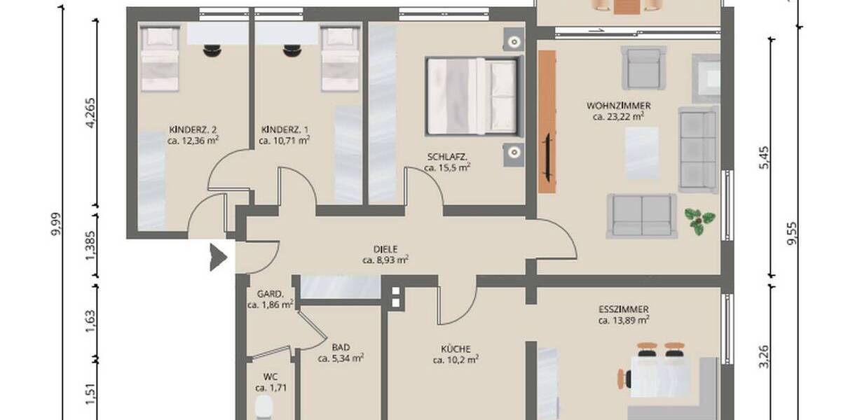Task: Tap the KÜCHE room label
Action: click(456, 348)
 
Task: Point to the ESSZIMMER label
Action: click(623, 309)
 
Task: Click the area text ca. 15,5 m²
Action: click(448, 167)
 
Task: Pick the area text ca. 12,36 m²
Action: click(193, 140)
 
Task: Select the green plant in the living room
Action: click(699, 221)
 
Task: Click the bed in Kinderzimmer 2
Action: click(160, 59)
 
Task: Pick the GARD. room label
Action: click(269, 294)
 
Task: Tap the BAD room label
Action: click(341, 346)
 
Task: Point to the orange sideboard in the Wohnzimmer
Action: click(547, 122)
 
